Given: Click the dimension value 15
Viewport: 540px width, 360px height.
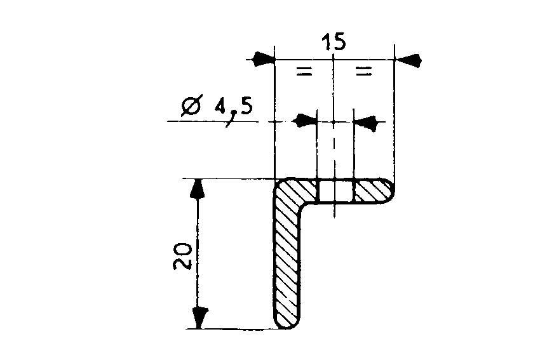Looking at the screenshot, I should [334, 43].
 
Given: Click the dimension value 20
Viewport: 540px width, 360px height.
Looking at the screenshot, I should [182, 255].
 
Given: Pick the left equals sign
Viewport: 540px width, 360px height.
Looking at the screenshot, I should [304, 72].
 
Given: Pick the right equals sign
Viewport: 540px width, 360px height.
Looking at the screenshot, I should [363, 72].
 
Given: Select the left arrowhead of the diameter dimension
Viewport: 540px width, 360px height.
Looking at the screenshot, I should [307, 120].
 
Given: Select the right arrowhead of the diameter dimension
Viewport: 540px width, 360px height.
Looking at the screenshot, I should [364, 120].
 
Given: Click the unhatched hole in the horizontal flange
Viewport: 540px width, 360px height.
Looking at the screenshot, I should [335, 190].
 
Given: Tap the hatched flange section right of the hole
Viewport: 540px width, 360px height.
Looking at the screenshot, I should [372, 190].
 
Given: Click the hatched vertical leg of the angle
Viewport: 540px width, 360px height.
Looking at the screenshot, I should [288, 260].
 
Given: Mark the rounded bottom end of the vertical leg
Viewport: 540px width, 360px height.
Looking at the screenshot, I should [288, 326].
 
